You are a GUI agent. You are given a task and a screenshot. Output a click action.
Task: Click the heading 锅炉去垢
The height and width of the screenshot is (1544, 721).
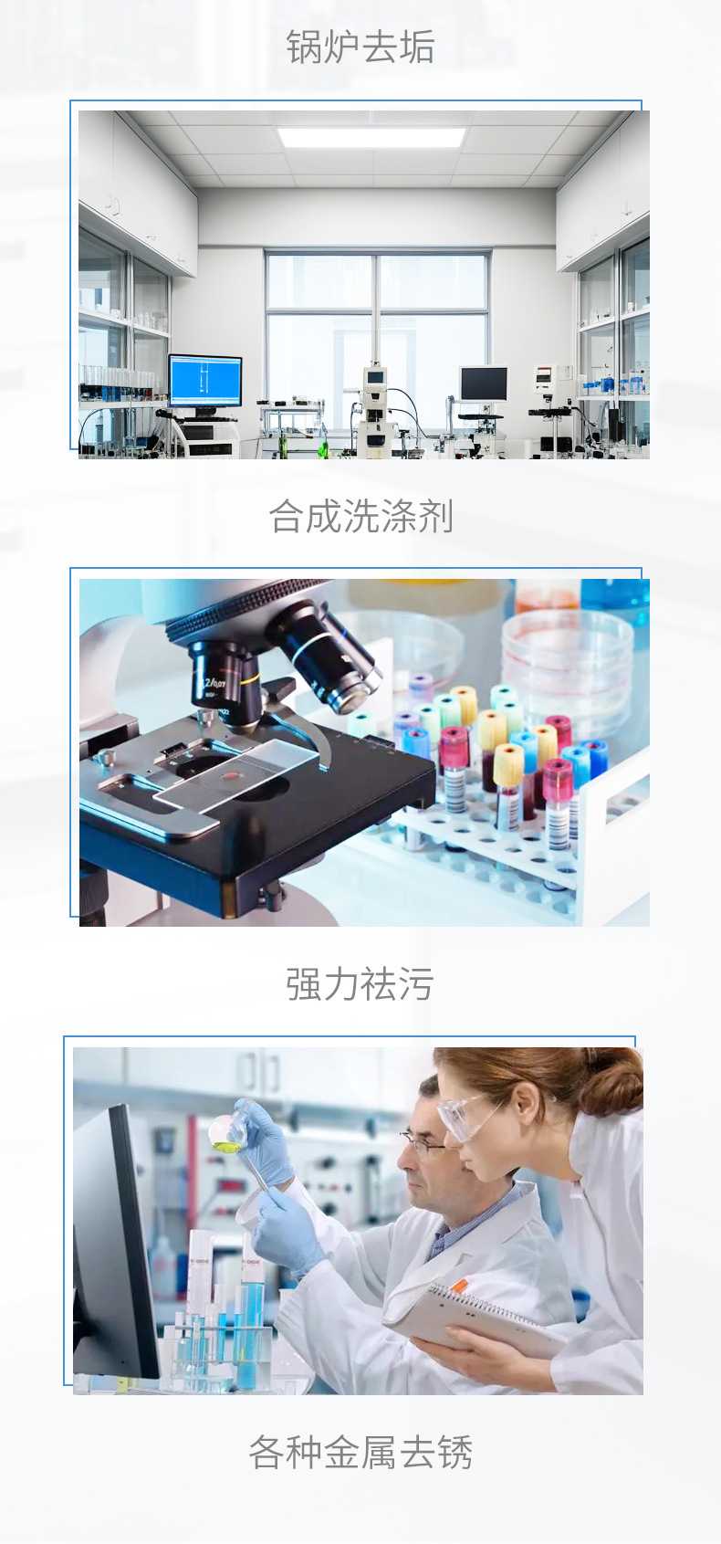coord(360,47)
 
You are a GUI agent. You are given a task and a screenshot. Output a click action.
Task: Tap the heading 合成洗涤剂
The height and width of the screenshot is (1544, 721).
coord(360,516)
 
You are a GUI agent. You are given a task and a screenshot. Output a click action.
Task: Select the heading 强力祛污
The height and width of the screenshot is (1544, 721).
coord(360,983)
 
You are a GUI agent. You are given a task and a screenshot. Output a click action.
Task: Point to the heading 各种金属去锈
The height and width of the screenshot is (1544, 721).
coord(360,1453)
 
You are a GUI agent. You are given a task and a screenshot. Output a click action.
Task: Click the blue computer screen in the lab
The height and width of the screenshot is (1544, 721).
coord(205,381)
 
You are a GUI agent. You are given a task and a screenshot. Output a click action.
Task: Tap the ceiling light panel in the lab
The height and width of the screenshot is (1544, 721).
coord(372,136)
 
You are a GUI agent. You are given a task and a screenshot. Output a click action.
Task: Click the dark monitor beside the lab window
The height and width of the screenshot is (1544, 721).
coord(484,383)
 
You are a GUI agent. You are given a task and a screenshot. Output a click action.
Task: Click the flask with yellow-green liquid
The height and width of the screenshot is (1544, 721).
coord(227,1129)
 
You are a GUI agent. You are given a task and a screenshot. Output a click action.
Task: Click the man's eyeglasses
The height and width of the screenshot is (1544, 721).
coord(421,1145)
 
